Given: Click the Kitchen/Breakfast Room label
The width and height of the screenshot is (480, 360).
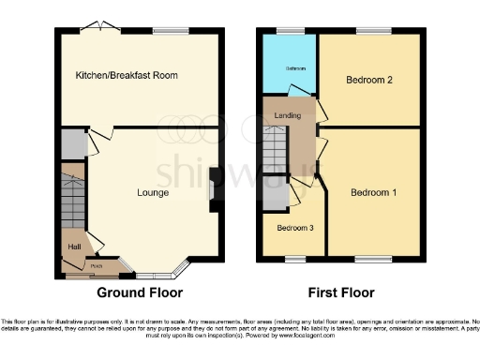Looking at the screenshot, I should [127, 75].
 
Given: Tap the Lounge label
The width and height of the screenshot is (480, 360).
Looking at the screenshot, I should [151, 194].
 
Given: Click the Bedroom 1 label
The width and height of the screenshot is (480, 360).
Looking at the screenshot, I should [374, 193].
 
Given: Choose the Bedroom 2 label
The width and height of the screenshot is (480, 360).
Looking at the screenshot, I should [367, 80].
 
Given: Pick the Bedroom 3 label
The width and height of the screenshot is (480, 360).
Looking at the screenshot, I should [294, 228].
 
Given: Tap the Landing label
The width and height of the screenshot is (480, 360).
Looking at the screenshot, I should [287, 114].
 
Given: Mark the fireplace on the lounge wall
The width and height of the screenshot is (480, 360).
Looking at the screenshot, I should [215, 186].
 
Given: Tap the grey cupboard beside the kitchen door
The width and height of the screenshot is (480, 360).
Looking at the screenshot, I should [72, 144].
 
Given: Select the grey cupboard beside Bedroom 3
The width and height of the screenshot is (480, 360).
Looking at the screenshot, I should [275, 193].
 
